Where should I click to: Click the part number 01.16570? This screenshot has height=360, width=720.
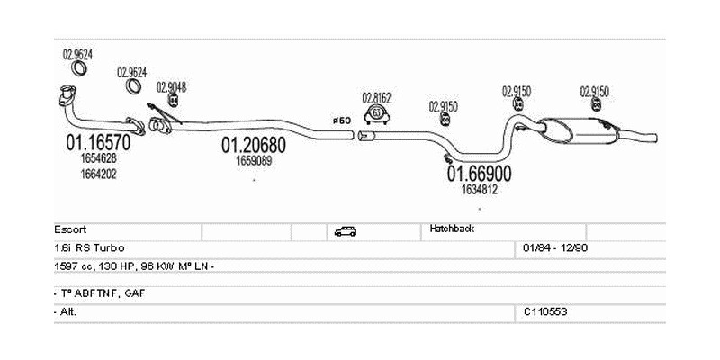pos(98,141)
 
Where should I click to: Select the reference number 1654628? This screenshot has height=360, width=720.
pos(98,158)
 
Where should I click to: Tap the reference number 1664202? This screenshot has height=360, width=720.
pos(98,174)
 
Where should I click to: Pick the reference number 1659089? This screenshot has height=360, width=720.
pos(255,161)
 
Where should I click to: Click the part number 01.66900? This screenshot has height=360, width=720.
pos(480,173)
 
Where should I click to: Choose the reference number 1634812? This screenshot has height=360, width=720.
pos(480,189)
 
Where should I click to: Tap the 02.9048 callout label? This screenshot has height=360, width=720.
pos(171,87)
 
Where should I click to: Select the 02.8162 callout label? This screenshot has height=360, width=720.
pos(376,97)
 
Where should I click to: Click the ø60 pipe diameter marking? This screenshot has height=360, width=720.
pos(341,120)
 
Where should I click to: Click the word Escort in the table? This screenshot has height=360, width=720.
pos(70,229)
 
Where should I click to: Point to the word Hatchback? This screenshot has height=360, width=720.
pos(452,229)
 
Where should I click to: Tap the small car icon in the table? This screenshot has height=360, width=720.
pos(345,231)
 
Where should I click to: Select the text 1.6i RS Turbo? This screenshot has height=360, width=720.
pos(89,247)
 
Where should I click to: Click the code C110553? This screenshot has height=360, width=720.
pos(545,310)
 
